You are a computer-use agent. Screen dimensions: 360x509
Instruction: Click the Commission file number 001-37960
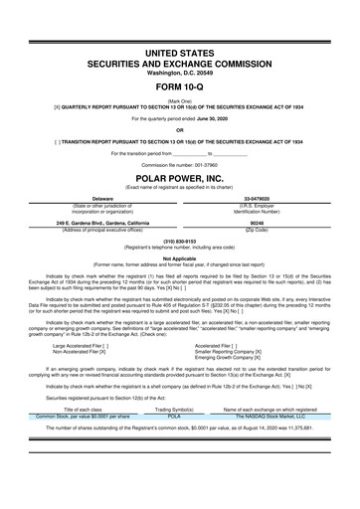[202, 163]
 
